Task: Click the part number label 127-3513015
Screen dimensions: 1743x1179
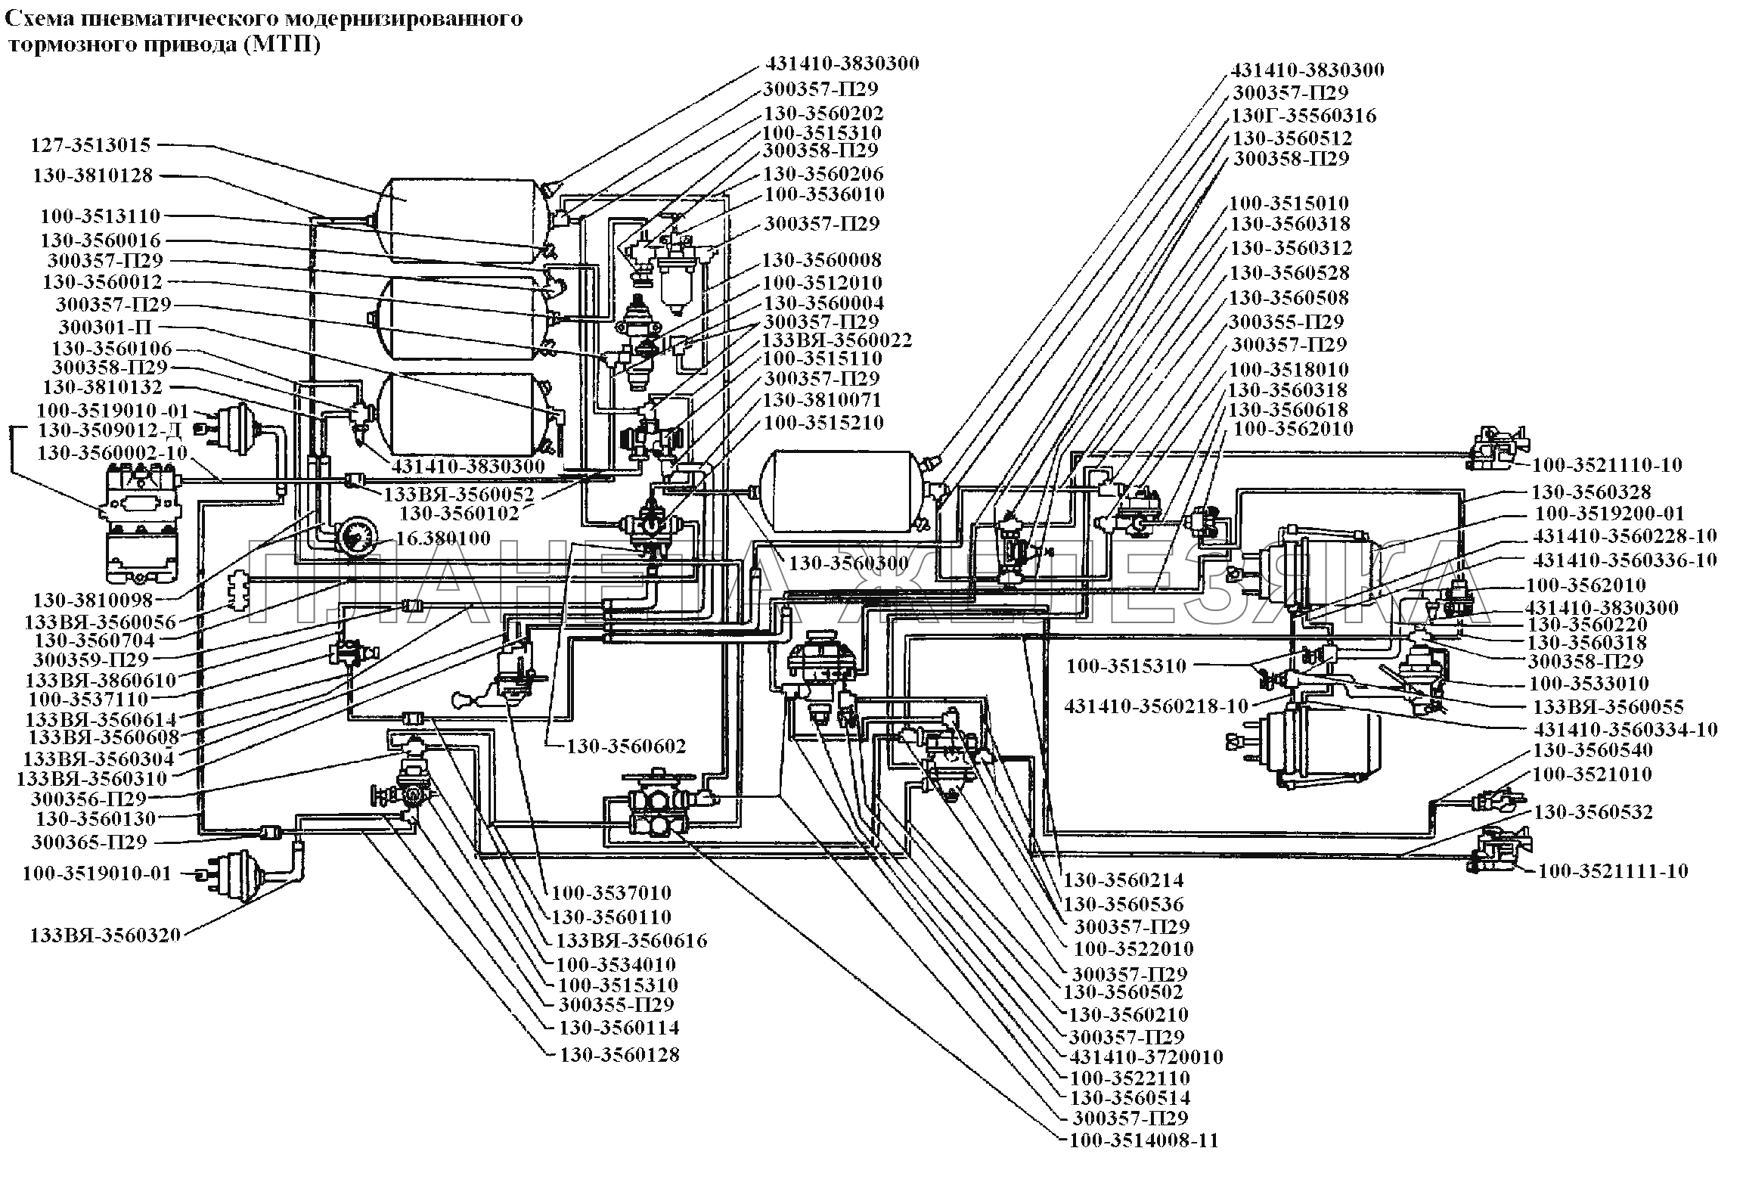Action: tap(91, 144)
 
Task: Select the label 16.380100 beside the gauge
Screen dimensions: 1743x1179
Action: tap(442, 538)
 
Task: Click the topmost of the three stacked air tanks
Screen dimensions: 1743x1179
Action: tap(463, 217)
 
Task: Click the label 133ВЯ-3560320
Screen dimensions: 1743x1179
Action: tap(105, 935)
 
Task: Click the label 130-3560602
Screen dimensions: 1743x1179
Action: tap(627, 746)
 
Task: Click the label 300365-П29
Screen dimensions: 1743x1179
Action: tap(89, 842)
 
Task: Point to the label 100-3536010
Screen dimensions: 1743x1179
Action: tap(824, 194)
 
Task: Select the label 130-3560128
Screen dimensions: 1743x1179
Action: tap(619, 1055)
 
